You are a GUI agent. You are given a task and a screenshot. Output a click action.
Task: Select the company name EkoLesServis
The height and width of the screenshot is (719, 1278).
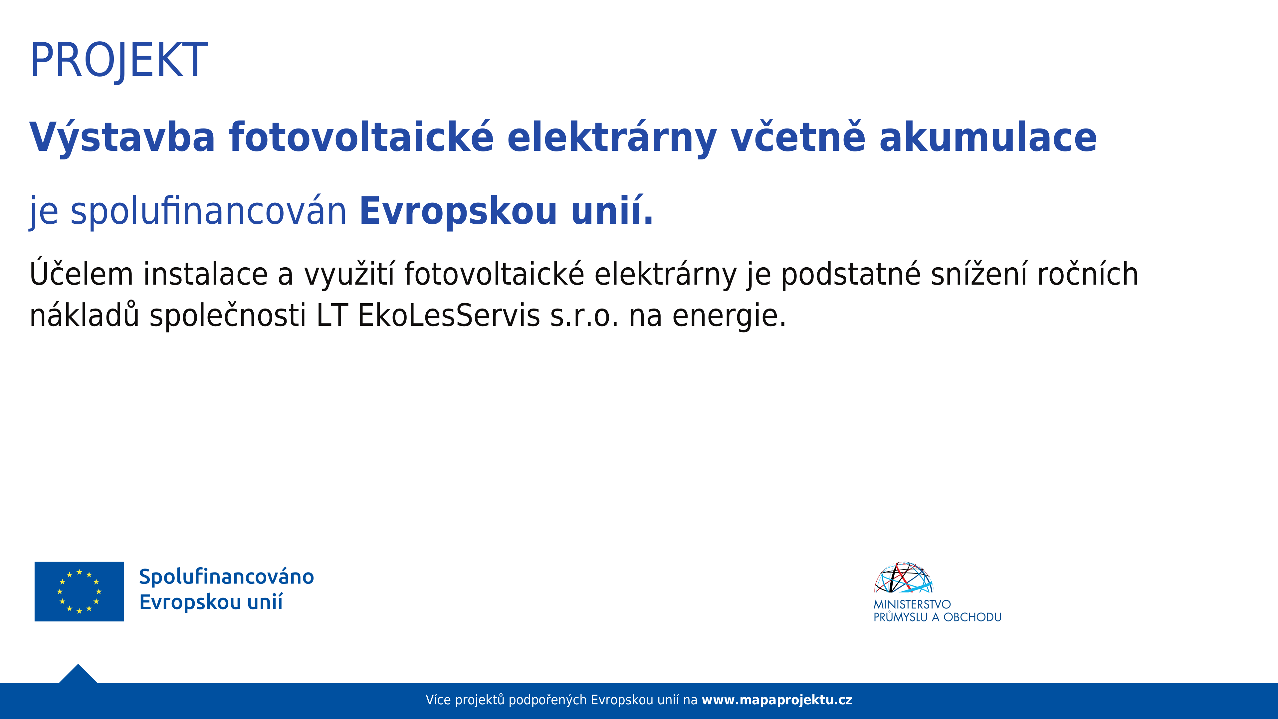pos(449,316)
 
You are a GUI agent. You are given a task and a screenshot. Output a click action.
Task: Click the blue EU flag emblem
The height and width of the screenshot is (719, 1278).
pos(80,592)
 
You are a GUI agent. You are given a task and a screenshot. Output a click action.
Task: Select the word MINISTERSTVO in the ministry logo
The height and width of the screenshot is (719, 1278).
pos(912,604)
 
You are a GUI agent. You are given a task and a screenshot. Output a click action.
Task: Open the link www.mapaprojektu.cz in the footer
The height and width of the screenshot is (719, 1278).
pos(777,700)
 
